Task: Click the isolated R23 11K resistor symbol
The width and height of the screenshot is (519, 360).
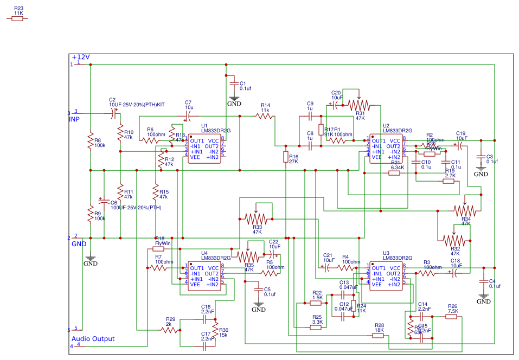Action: (17, 18)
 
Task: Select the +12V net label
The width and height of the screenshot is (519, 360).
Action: (80, 57)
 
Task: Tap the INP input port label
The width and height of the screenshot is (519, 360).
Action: (74, 119)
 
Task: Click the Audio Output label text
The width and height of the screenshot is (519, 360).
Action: (93, 339)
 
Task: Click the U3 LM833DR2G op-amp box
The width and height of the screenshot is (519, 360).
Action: (386, 276)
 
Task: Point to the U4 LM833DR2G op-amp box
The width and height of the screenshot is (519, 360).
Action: (204, 276)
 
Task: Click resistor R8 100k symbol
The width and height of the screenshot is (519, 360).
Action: (91, 142)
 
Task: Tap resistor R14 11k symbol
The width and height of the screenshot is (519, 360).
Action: (265, 116)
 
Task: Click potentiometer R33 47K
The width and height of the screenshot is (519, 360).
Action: (257, 218)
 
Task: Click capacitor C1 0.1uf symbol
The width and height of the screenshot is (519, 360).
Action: (234, 84)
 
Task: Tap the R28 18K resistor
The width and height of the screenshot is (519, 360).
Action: (379, 336)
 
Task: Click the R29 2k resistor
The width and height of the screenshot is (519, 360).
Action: (169, 330)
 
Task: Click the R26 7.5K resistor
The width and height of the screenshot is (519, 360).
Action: (451, 317)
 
